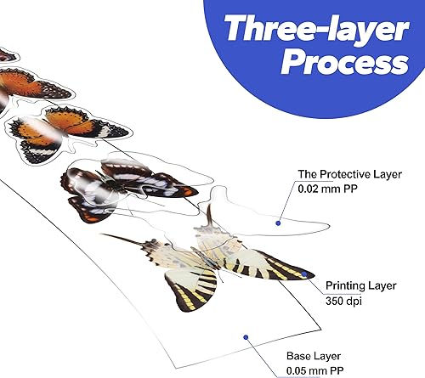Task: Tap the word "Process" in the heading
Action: point(343,64)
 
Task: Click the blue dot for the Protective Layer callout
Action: point(279,223)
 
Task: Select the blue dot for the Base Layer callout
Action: point(244,337)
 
